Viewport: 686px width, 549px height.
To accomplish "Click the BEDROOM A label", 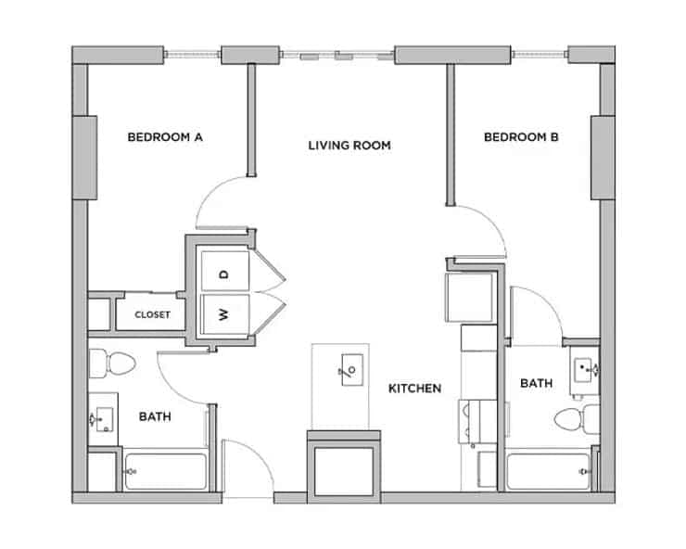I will coord(165,138).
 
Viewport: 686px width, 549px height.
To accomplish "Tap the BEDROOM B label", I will coord(521,138).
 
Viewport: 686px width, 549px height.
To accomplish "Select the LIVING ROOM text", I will coord(349,146).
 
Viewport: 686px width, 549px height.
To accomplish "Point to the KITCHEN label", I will coord(414,389).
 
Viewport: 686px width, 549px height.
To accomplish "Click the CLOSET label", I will coord(152,314).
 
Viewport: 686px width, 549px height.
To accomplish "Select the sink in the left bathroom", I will coord(103,420).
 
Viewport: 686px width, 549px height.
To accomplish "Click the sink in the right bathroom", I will coord(586,369).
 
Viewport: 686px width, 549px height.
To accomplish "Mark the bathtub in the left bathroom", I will coord(165,471).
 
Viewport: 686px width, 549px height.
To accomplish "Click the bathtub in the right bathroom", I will coord(549,472).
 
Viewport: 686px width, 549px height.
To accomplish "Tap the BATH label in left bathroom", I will coord(155,417).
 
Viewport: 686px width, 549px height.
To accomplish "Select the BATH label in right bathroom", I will coord(536,383).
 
